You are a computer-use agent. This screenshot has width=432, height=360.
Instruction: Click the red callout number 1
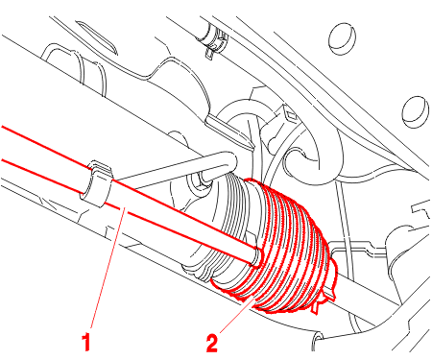point(86,342)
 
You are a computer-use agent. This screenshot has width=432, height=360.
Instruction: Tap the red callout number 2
point(212,344)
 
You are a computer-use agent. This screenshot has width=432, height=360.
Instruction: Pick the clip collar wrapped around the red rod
point(97,183)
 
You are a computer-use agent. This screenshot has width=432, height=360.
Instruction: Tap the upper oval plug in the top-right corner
point(342,38)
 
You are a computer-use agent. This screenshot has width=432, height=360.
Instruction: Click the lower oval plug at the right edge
point(415,111)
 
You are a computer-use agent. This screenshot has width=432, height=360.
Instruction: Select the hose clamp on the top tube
point(216,41)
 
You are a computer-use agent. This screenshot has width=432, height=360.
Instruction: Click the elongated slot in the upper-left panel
point(95,36)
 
